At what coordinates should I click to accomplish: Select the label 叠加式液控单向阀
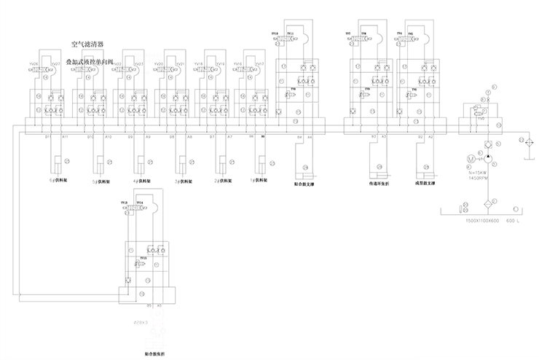pyautogui.click(x=90, y=63)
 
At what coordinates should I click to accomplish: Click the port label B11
pyautogui.click(x=48, y=136)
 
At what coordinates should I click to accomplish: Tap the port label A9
pyautogui.click(x=149, y=136)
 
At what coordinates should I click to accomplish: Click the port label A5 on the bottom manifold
pyautogui.click(x=160, y=306)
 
